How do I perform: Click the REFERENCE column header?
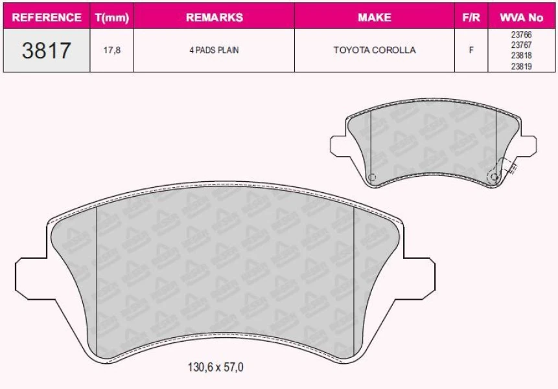point(47,17)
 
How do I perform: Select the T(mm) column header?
point(112,17)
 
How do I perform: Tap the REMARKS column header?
point(214,17)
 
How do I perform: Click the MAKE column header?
point(374,17)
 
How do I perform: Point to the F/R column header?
point(471,17)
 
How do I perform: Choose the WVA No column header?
point(521,17)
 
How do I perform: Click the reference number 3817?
point(47,50)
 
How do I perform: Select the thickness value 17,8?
point(112,50)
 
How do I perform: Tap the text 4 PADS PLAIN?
point(214,50)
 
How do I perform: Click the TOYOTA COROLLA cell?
point(374,50)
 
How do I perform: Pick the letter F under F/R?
point(471,50)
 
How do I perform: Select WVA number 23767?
point(521,45)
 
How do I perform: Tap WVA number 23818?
point(521,56)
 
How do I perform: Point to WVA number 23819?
point(521,65)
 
